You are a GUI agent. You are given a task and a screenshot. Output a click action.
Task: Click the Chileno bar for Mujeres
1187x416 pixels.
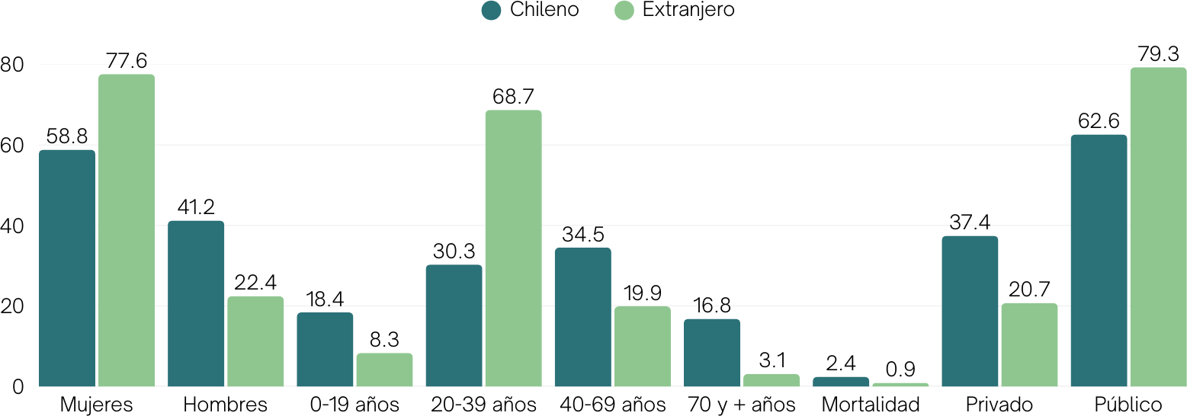67,268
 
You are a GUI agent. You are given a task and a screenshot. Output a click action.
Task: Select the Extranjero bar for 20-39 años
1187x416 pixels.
513,248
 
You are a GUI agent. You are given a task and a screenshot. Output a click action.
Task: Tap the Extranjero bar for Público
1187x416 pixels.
1158,227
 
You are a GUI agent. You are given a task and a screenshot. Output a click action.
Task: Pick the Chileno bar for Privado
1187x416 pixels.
970,311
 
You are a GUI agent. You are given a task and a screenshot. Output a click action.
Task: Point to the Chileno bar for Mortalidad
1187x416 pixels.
840,382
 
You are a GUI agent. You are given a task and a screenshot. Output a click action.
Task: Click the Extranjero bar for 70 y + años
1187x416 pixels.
772,380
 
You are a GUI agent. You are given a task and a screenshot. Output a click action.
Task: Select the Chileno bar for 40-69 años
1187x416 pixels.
582,317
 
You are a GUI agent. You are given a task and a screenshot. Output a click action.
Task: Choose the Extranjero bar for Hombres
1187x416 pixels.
255,341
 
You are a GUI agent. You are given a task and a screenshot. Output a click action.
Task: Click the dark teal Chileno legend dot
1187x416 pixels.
492,11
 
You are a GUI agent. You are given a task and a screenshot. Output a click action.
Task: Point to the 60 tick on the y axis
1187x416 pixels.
12,146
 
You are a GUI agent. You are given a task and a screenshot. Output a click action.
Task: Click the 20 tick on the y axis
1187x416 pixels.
12,307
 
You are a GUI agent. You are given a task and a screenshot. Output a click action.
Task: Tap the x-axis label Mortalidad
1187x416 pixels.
871,405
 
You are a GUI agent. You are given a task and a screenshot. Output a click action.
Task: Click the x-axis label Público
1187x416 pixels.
1128,405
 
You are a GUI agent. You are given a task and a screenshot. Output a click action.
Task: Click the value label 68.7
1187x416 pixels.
513,97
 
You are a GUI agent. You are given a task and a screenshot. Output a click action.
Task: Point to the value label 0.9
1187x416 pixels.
900,369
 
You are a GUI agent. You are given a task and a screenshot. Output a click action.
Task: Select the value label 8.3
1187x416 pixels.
384,340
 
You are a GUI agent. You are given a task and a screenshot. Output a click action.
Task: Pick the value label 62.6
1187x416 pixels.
1099,121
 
